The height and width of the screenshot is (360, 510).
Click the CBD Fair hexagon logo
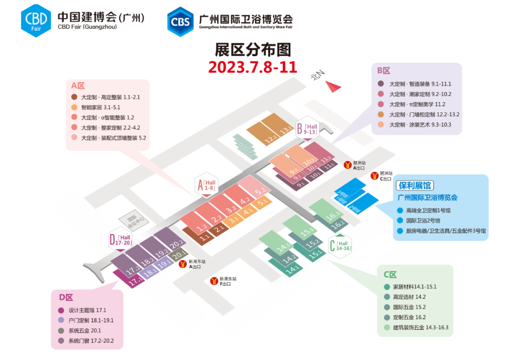coord(35,19)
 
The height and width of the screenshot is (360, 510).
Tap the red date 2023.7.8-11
coord(253,67)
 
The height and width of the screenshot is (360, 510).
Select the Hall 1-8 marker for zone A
coord(206,185)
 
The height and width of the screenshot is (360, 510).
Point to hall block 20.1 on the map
coord(178,255)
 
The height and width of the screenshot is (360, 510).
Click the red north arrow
coord(332,86)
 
